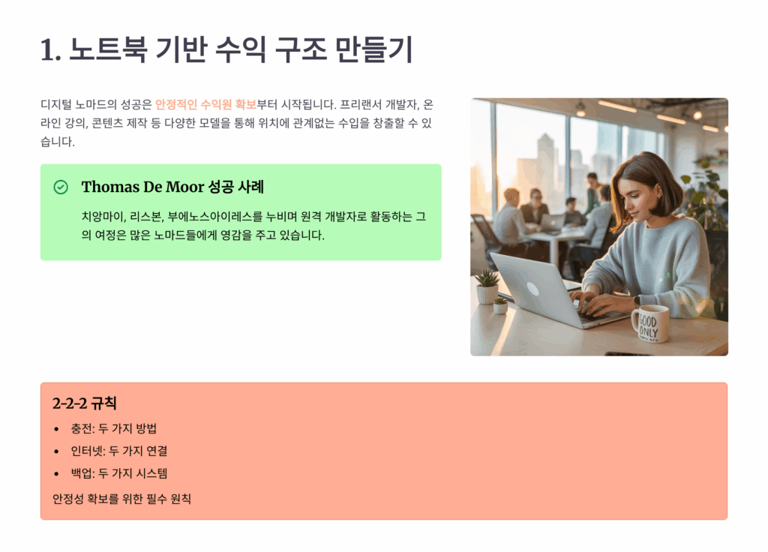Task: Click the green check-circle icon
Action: coord(61,187)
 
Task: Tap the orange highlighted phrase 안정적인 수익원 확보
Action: coord(205,104)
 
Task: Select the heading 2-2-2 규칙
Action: coord(84,403)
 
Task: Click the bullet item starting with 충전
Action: coord(114,428)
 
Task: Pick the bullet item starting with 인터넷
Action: coord(119,451)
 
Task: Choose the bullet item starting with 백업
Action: coord(119,473)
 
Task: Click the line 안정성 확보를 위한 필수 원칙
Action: coord(121,499)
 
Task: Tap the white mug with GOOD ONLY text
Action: coord(650,324)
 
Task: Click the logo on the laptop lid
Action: coord(532,289)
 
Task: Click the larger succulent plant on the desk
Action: coord(487,286)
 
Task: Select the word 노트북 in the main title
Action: coord(108,49)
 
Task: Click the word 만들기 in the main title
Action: coord(374,49)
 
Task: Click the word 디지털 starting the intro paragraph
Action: coord(55,104)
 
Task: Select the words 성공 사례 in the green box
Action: coord(236,187)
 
